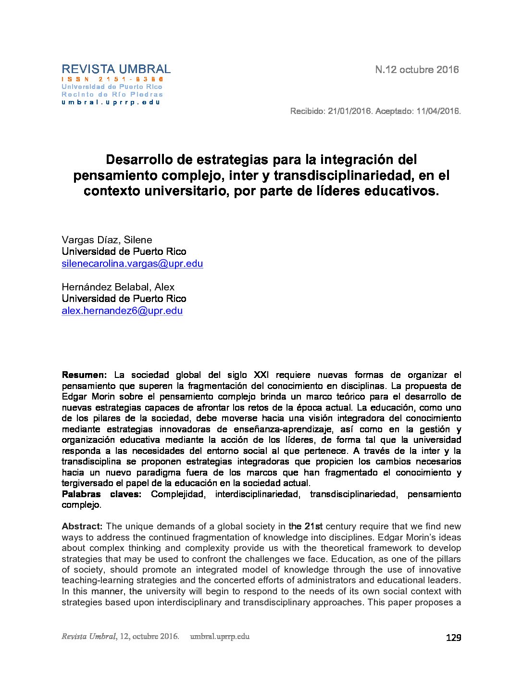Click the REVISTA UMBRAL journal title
116,69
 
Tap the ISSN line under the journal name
113,79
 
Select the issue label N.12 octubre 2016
417,70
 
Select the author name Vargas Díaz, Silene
107,240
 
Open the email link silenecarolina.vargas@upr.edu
132,263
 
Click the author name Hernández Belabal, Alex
118,287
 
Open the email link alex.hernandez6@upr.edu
122,311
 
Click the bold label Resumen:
84,375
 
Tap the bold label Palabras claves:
101,494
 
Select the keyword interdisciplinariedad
256,494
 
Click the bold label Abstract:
82,527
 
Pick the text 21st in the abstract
313,527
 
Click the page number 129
453,638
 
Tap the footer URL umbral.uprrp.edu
220,637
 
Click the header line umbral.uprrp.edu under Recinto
111,102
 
